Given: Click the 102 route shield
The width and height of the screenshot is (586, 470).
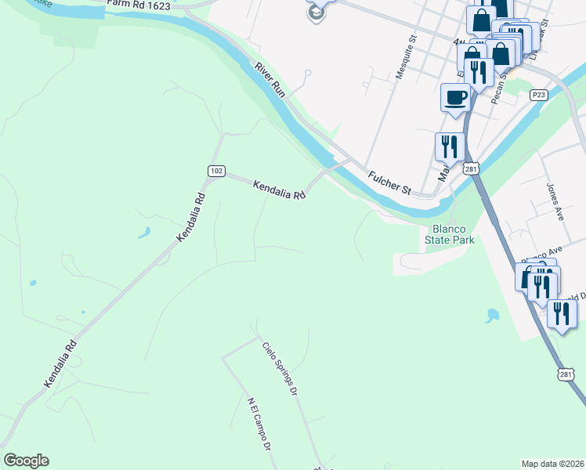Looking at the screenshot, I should click(215, 171).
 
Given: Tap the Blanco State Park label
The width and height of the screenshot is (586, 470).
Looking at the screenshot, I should click(450, 235).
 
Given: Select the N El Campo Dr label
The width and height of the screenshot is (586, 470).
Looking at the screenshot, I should click(259, 422).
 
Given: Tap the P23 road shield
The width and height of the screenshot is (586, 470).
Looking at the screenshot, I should click(537, 95).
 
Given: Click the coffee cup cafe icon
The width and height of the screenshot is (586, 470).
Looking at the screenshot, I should click(455, 97).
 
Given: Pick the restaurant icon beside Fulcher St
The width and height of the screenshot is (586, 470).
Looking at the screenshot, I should click(449, 146).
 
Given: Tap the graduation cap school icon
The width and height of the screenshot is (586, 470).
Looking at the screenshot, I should click(317, 11).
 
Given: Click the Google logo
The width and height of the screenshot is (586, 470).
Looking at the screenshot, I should click(27, 461).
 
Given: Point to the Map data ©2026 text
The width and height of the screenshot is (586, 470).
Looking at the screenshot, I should click(553, 464).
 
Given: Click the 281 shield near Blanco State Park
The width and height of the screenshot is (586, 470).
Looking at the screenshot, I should click(470, 168).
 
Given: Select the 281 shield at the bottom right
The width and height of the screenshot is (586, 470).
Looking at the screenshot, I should click(566, 374).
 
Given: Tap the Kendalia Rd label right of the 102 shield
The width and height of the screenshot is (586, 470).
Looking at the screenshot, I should click(278, 190).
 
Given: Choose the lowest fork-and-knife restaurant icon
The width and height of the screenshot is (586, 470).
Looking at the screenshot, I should click(561, 313).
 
